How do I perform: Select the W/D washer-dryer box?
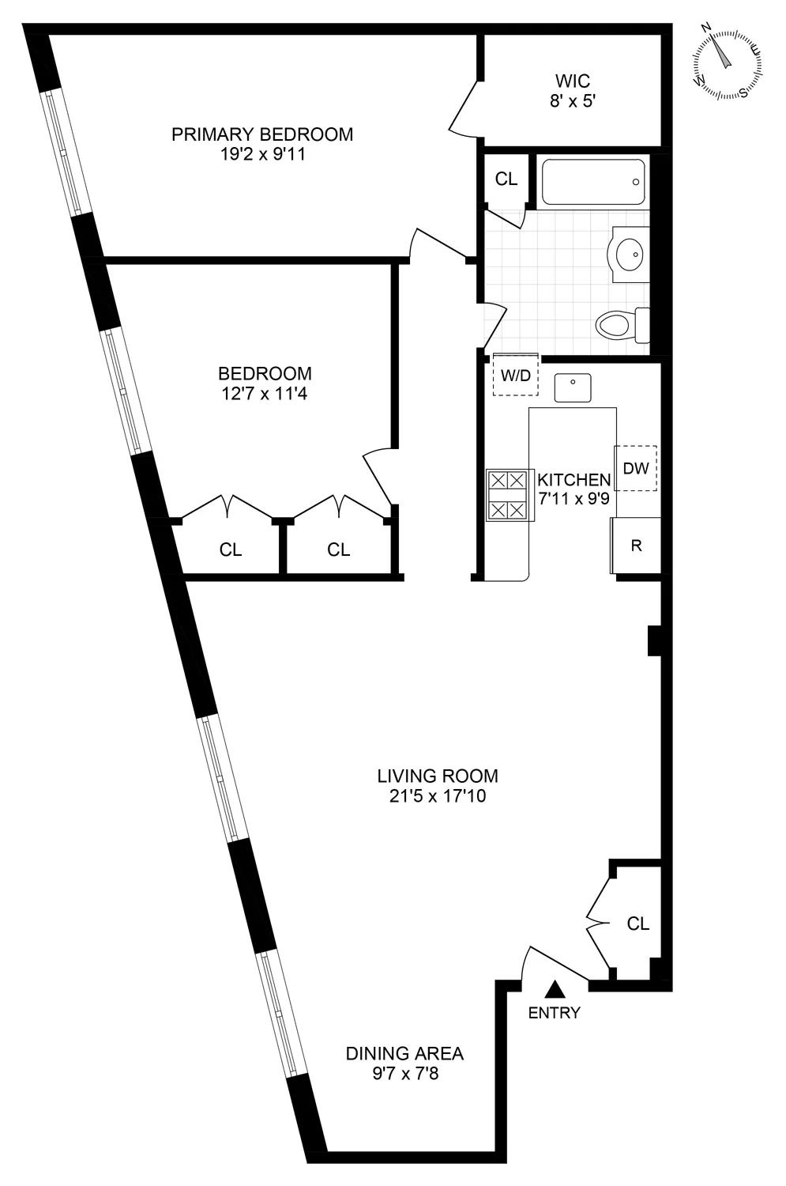[x=516, y=375]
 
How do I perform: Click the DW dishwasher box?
[x=636, y=468]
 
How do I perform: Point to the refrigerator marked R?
[x=636, y=546]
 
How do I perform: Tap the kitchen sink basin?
[x=574, y=388]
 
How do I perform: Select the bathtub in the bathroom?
[x=593, y=183]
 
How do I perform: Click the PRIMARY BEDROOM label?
[x=262, y=134]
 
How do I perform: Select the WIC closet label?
[x=573, y=81]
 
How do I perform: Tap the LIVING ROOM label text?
[x=438, y=776]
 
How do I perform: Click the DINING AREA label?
[x=404, y=1053]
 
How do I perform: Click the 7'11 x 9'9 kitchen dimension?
[x=574, y=499]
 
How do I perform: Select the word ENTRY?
[x=555, y=1013]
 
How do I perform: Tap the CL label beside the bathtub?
[x=506, y=179]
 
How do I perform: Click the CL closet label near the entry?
[x=638, y=923]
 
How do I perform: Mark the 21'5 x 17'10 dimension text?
[x=437, y=796]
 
